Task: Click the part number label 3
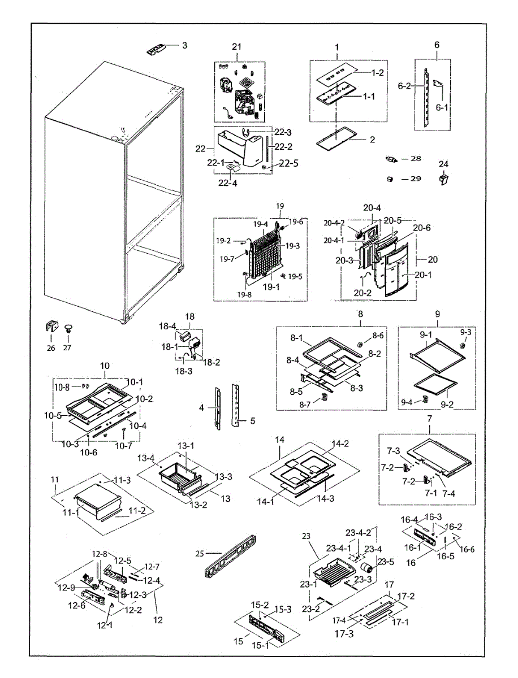click(x=184, y=45)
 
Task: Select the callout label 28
click(x=416, y=159)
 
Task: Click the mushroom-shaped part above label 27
click(x=68, y=327)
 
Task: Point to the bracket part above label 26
click(x=51, y=327)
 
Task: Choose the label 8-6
click(x=378, y=335)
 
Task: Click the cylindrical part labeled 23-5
click(x=369, y=567)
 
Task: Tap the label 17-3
click(x=343, y=634)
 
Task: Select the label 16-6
click(x=467, y=549)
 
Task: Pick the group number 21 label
click(x=236, y=46)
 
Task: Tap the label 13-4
click(x=147, y=458)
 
